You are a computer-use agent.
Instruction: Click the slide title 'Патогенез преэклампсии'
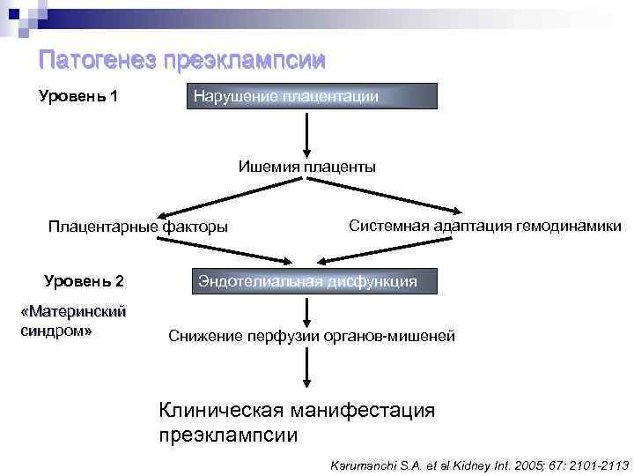pos(182,60)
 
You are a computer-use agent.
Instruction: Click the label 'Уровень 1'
pos(79,95)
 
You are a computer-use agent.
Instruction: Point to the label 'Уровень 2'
pos(85,282)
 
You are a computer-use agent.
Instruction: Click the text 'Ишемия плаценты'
pos(306,166)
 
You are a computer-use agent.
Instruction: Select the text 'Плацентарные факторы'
pos(138,227)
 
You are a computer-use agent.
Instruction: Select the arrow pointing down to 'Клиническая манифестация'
pos(306,368)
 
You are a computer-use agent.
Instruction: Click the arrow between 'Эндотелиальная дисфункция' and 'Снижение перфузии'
pos(306,310)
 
